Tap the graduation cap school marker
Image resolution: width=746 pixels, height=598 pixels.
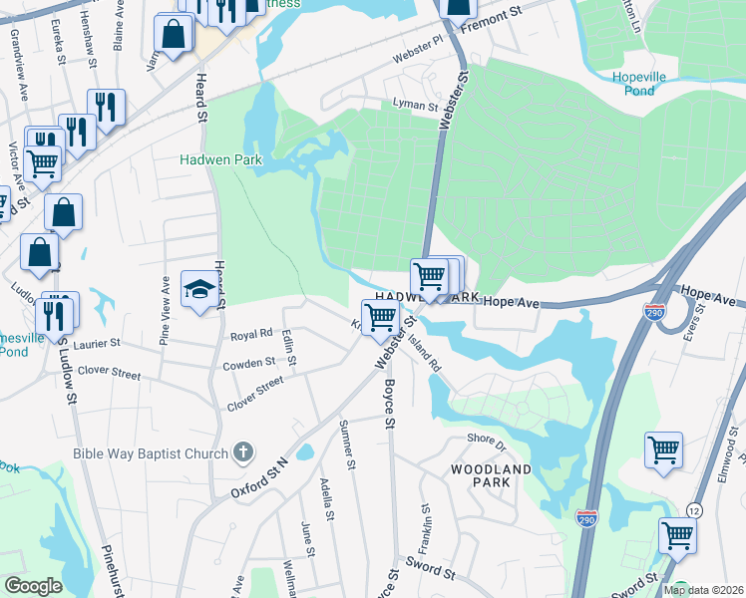(198, 290)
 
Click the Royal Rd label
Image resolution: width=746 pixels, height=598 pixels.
(251, 335)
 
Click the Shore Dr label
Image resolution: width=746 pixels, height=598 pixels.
(487, 440)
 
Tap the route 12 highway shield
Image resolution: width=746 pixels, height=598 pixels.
(693, 510)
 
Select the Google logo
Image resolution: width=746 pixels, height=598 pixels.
(34, 586)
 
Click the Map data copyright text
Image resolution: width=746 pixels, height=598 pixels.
(703, 590)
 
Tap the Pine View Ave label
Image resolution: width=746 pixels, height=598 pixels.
(166, 312)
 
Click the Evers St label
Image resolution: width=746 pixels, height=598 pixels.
(701, 325)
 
